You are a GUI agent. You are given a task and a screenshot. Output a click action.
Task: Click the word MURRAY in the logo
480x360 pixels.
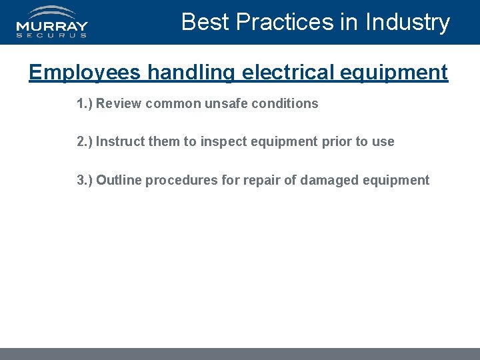click(52, 27)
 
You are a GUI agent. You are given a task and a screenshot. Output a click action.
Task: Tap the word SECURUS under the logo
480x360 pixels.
click(52, 36)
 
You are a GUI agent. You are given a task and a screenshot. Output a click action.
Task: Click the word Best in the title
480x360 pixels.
click(205, 22)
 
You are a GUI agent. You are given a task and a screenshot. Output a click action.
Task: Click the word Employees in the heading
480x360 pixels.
click(85, 72)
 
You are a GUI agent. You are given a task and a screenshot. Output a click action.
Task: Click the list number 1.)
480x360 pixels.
click(85, 103)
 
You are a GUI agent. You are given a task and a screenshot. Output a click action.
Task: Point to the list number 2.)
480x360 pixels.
click(85, 141)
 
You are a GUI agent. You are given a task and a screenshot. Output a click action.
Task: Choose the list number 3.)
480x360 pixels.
click(85, 180)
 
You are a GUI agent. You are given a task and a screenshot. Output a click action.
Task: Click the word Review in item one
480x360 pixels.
click(117, 103)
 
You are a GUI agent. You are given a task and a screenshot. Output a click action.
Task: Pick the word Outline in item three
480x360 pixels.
click(119, 180)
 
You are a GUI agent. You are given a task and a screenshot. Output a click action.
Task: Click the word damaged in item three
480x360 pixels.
click(329, 180)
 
